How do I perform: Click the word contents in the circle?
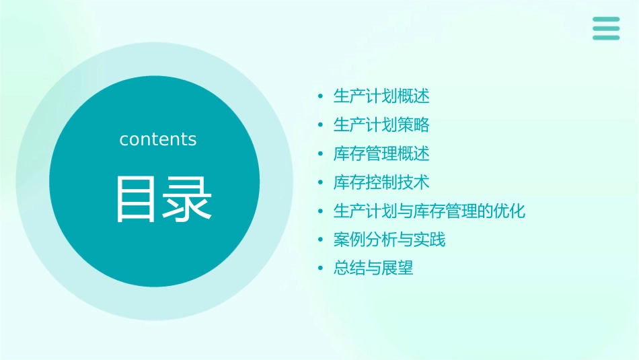pyautogui.click(x=158, y=139)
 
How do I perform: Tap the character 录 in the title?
pyautogui.click(x=184, y=199)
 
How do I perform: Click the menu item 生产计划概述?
pyautogui.click(x=381, y=96)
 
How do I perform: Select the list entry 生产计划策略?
pyautogui.click(x=381, y=125)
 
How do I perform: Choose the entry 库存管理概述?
pyautogui.click(x=381, y=154)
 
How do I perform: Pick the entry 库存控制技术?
pyautogui.click(x=381, y=182)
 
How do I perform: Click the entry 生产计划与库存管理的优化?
pyautogui.click(x=429, y=211)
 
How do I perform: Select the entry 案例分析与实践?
pyautogui.click(x=389, y=240)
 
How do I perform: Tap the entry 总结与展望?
pyautogui.click(x=373, y=268)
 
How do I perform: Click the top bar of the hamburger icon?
pyautogui.click(x=606, y=19)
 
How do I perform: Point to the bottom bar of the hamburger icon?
pyautogui.click(x=606, y=38)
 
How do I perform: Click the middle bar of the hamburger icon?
pyautogui.click(x=606, y=28)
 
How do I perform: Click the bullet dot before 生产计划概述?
pyautogui.click(x=322, y=97)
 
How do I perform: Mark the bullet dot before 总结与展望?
pyautogui.click(x=322, y=269)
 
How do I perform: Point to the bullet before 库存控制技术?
pyautogui.click(x=322, y=183)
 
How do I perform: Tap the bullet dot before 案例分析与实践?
pyautogui.click(x=322, y=240)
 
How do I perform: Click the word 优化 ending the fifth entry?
pyautogui.click(x=510, y=211)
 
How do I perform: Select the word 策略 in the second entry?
pyautogui.click(x=414, y=125)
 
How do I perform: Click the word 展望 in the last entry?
pyautogui.click(x=398, y=268)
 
